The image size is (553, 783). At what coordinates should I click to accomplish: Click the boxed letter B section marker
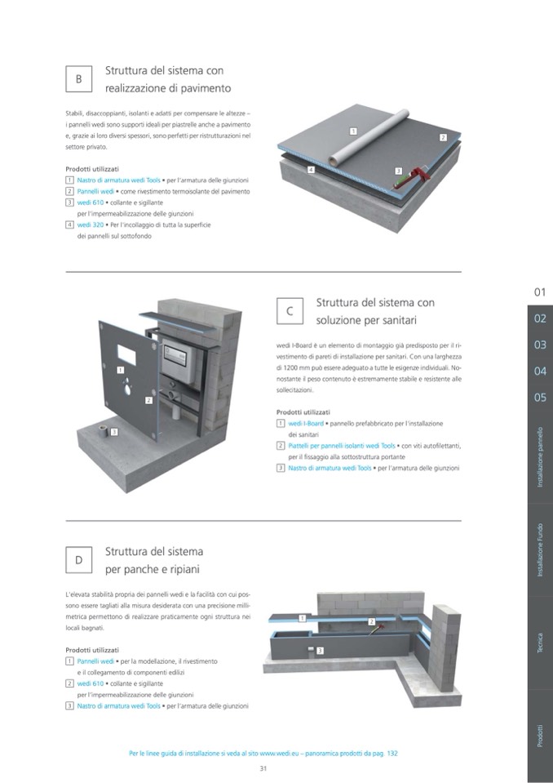78,79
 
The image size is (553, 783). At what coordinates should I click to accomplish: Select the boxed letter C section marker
290,311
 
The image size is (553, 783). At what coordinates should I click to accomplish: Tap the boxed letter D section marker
78,559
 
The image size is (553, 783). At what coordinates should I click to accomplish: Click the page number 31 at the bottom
263,768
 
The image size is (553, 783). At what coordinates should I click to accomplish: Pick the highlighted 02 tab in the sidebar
540,318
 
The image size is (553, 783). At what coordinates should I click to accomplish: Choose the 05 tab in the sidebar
540,398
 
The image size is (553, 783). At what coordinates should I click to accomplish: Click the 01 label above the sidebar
540,291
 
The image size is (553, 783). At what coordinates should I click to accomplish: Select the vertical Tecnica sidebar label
540,642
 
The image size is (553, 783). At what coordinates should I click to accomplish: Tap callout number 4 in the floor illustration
311,169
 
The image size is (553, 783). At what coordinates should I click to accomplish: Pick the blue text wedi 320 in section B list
91,225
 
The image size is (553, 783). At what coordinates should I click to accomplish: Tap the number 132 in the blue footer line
391,753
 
